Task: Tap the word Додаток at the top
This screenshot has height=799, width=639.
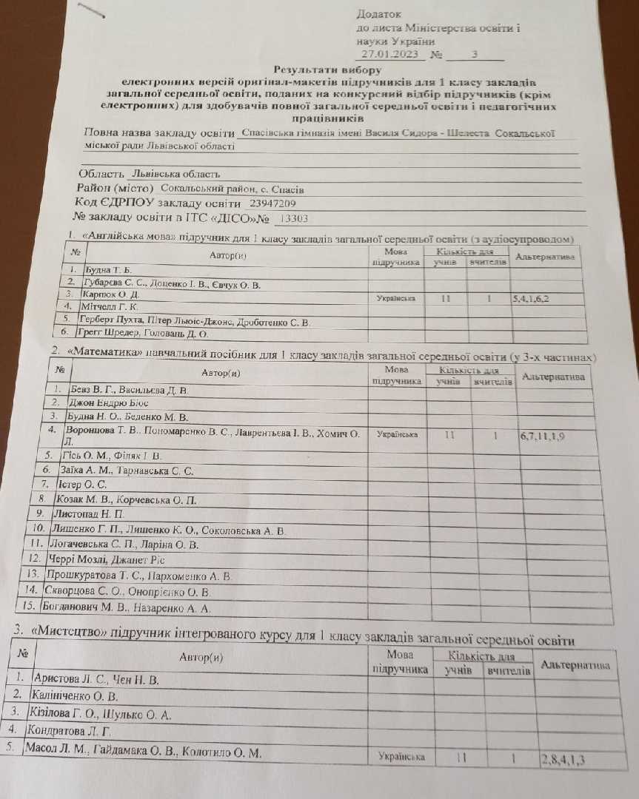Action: pos(380,13)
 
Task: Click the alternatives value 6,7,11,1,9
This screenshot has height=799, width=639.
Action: pos(543,436)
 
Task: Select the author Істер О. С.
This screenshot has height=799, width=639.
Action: pos(81,485)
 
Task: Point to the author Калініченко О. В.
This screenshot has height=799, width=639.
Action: pos(74,696)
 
